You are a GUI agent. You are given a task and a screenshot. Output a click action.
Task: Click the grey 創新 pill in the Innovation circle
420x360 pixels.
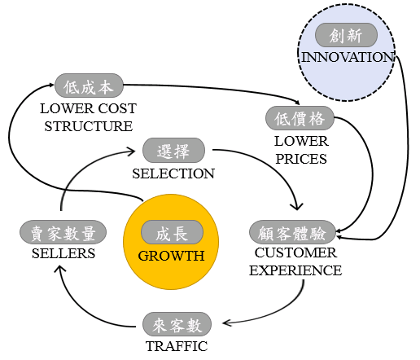point(346,35)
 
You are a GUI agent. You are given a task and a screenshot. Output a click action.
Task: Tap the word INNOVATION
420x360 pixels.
point(348,57)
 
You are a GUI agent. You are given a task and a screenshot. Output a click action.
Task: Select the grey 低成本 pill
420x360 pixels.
point(89,86)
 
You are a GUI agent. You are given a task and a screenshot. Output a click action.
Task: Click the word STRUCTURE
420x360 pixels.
point(89,126)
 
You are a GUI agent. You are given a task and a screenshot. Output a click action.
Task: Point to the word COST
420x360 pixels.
point(117,108)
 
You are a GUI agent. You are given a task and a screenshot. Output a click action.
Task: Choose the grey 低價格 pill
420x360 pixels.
point(300,118)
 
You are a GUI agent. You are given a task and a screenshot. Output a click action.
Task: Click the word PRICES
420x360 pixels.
point(301,159)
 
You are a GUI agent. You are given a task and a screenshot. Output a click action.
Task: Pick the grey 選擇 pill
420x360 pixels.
point(173,151)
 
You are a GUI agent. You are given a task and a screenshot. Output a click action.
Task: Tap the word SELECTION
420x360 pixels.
point(173,173)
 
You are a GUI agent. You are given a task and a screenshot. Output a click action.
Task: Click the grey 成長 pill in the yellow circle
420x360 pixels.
point(172,232)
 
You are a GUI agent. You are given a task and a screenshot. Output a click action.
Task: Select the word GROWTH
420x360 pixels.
point(171,256)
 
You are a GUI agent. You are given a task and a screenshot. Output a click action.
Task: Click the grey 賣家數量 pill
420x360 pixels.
point(63,232)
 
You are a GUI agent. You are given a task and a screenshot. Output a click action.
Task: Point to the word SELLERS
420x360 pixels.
point(63,253)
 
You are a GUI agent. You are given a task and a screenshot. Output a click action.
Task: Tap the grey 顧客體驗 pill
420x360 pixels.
point(292,232)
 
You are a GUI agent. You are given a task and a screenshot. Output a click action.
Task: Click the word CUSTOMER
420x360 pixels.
point(295,252)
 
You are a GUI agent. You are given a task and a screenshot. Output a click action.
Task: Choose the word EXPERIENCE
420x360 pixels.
point(295,270)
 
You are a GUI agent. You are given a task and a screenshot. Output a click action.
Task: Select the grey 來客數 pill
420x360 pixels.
point(177,324)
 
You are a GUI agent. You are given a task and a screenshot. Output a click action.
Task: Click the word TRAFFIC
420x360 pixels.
point(177,346)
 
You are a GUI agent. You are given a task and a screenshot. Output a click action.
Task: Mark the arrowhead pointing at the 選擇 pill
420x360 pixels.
point(131,151)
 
